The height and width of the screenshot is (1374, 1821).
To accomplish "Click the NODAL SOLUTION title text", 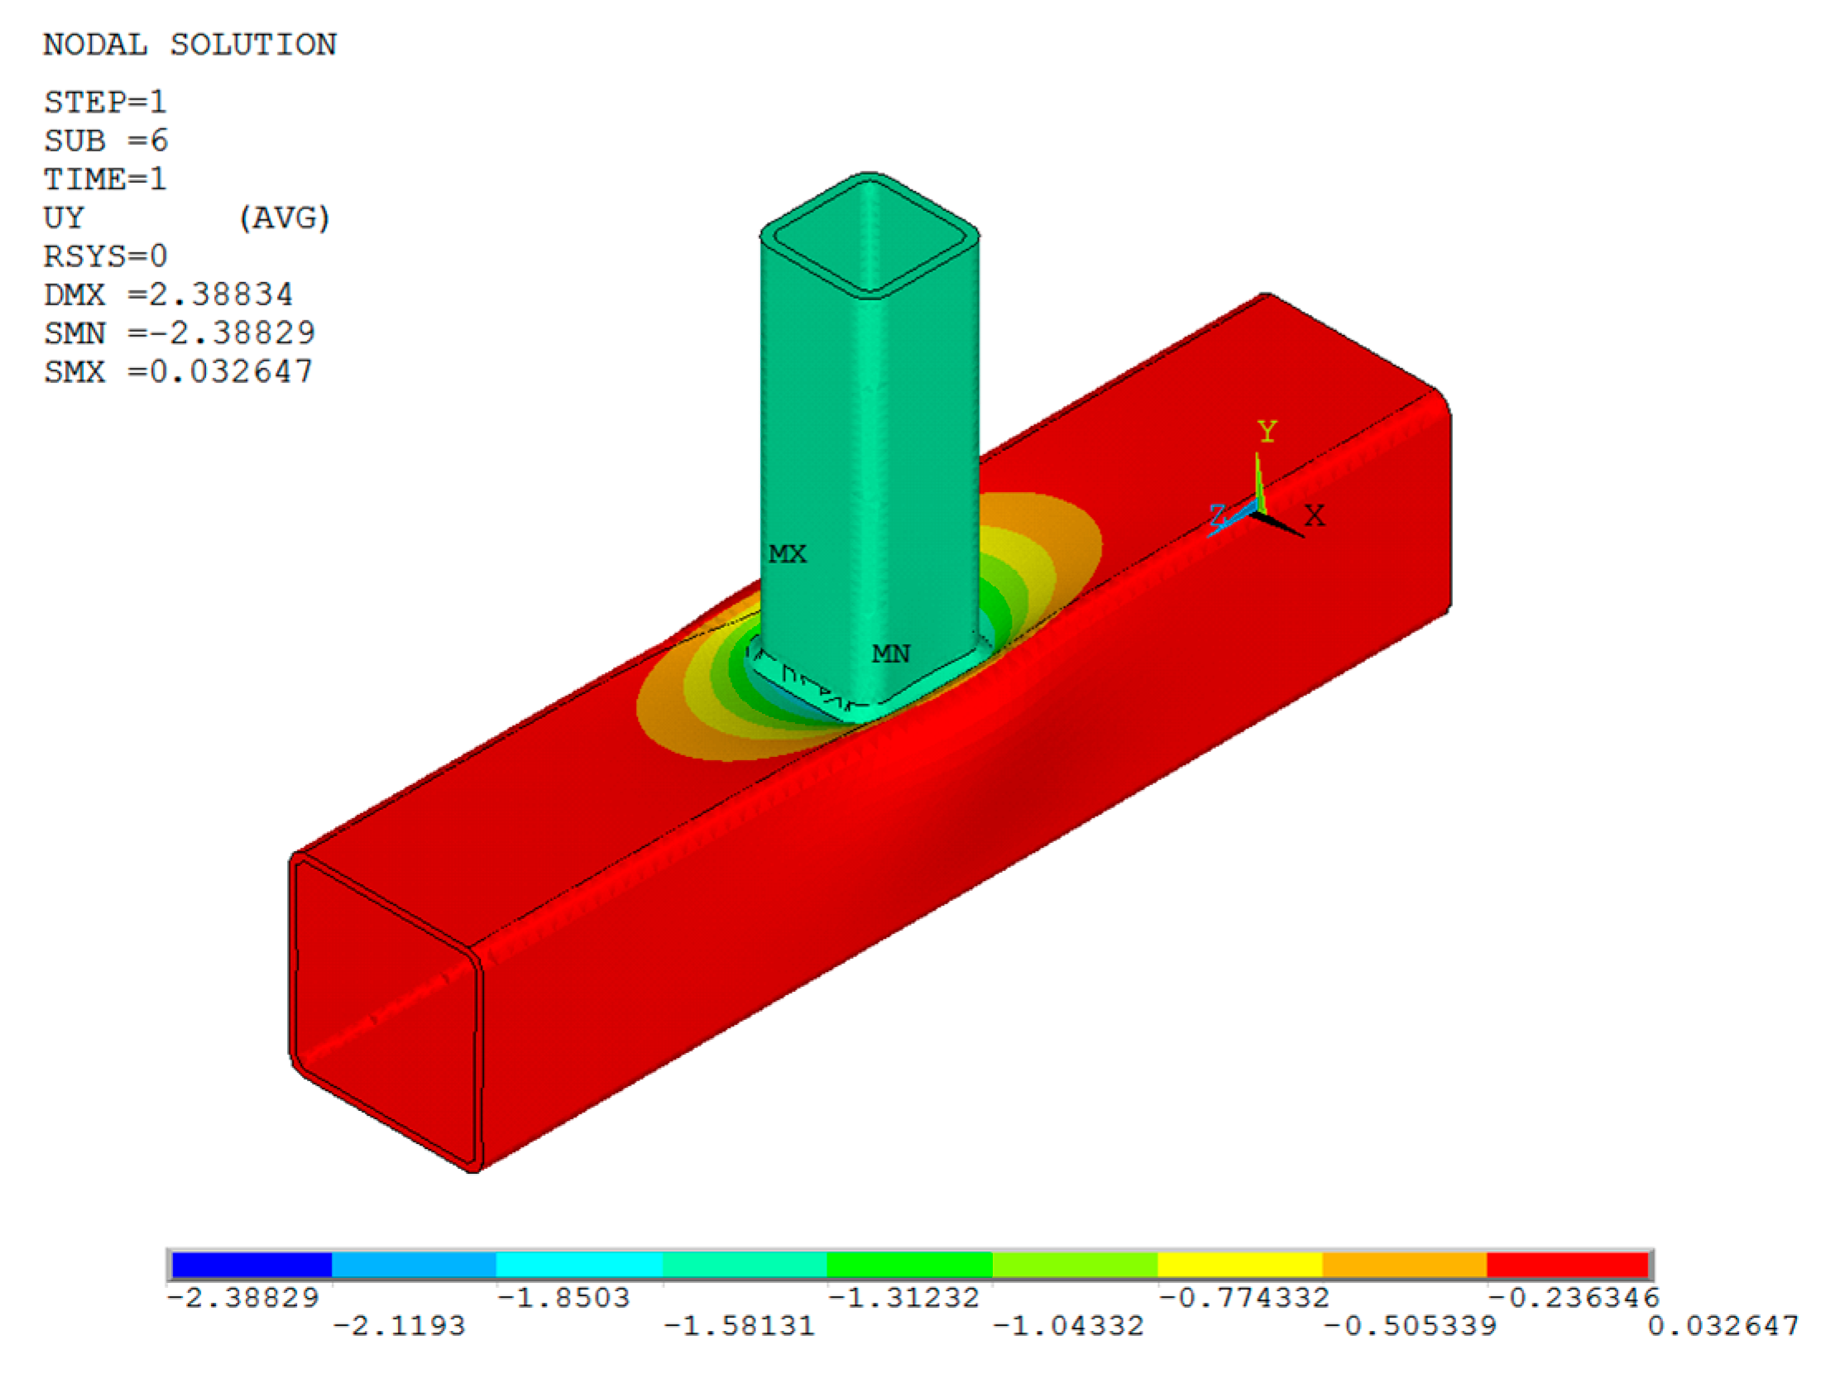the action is [x=189, y=45].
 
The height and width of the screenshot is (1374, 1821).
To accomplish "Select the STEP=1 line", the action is [x=105, y=103].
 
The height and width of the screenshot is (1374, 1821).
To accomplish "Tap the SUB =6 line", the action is [x=106, y=141].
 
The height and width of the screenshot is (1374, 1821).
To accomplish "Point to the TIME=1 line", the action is [x=105, y=179].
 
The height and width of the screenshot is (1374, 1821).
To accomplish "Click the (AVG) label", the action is [x=284, y=218].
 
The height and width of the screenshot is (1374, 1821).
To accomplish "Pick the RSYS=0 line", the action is [x=105, y=256].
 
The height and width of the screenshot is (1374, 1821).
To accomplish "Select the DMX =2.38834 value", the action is [x=168, y=294].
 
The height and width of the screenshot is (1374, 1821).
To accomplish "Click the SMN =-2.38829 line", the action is [x=180, y=333].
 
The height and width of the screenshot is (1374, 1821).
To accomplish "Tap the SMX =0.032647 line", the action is [x=179, y=371].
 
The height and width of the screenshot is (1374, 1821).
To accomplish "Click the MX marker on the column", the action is [x=787, y=553].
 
